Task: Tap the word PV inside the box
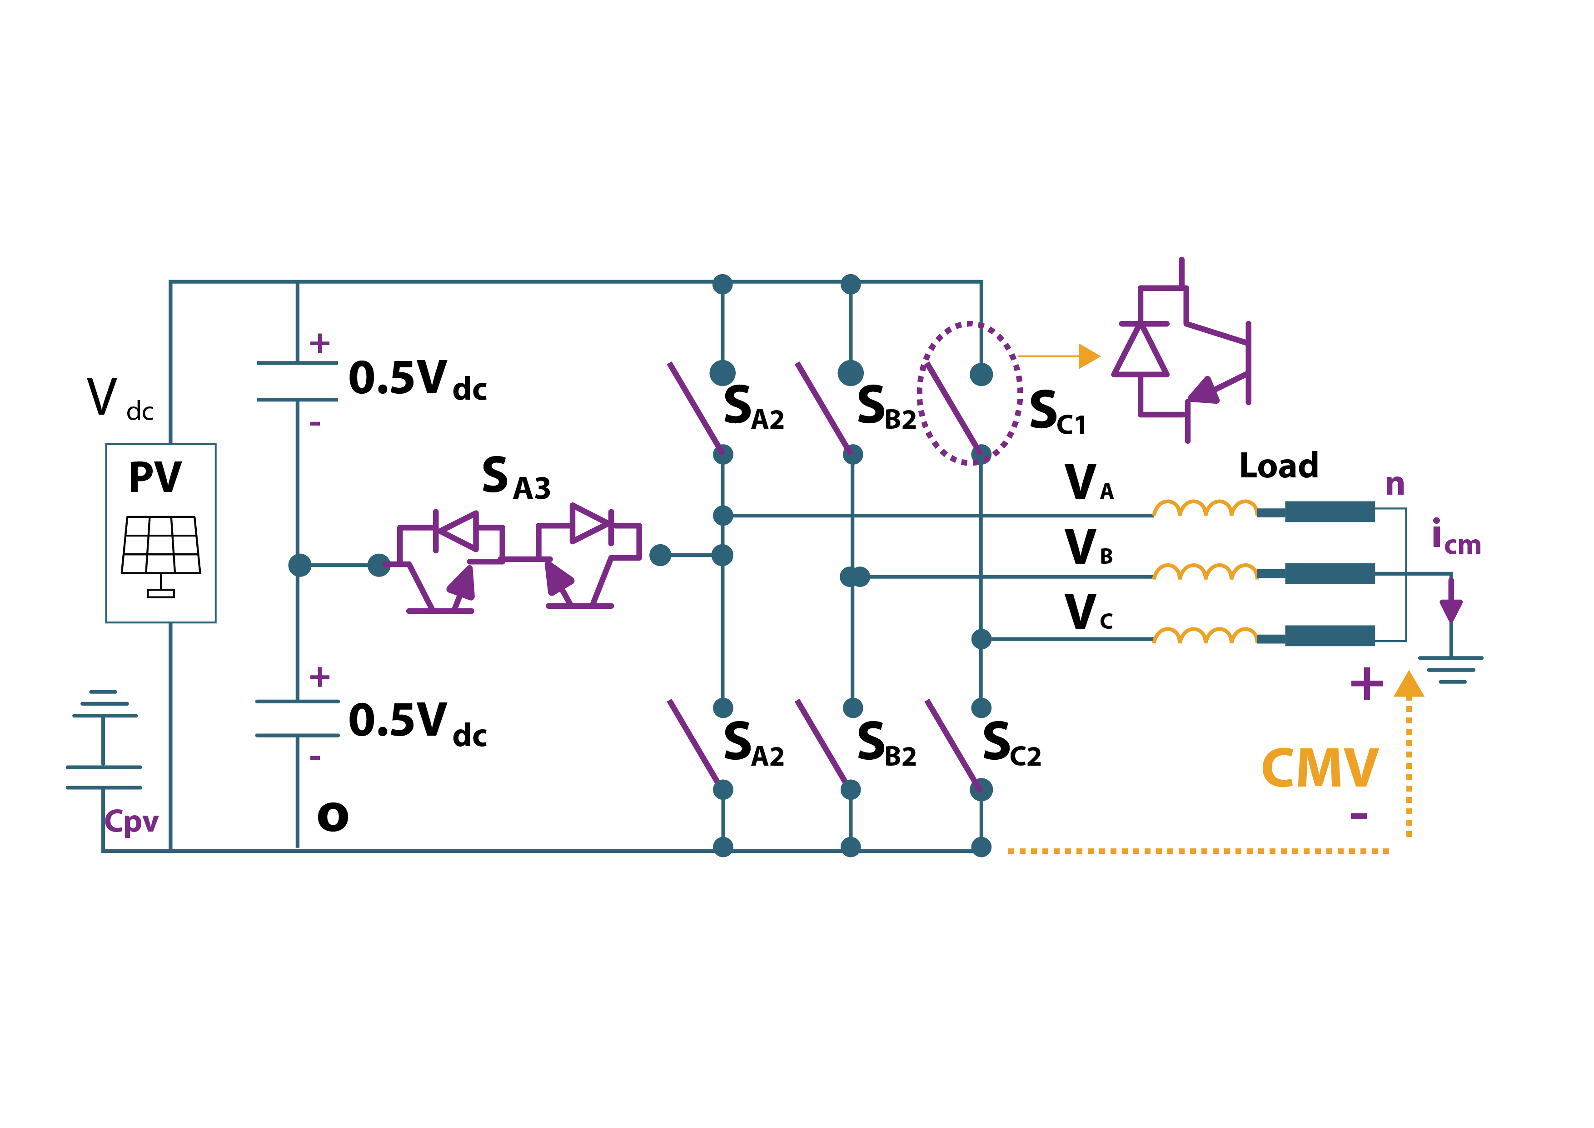[155, 478]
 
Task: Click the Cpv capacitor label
[131, 821]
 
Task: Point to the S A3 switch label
[516, 479]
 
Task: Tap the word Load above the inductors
[1278, 466]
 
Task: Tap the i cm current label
[1455, 538]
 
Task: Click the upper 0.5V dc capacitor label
[417, 380]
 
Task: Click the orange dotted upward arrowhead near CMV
[1409, 684]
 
